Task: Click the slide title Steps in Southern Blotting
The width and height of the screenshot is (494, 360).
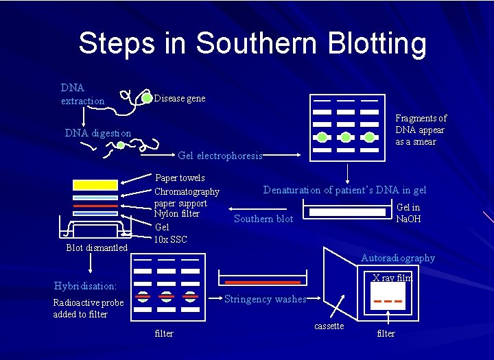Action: pos(252,43)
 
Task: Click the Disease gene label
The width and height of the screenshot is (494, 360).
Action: pos(179,98)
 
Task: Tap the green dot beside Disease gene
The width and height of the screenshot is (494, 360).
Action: pos(147,98)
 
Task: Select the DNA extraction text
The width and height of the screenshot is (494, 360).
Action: pos(82,95)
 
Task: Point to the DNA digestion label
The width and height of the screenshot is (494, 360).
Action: pos(98,133)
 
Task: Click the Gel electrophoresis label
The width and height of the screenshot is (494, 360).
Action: pos(220,156)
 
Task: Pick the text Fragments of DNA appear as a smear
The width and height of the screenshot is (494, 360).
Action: pos(421,130)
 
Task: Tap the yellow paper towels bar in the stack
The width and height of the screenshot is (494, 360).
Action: pos(95,184)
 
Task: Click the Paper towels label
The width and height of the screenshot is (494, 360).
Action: pos(180,178)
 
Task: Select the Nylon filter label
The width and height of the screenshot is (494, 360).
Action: pos(176,213)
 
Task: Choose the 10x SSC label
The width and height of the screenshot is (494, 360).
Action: pos(170,239)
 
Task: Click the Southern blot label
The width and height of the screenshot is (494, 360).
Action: pos(263,219)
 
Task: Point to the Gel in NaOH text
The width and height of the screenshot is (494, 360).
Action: pos(408,213)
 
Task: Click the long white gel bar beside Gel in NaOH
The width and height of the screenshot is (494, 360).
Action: pos(347,213)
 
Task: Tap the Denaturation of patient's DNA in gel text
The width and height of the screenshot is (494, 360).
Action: pos(344,190)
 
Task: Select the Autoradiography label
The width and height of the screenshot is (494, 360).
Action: pos(398,258)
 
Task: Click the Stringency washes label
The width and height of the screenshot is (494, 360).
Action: pos(265,298)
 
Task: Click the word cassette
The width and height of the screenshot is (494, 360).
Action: pos(329,326)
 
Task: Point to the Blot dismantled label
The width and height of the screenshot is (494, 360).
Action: pos(97,248)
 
